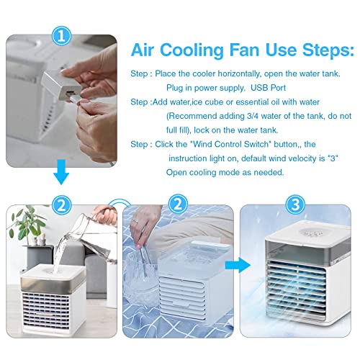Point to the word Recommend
pos(194,114)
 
